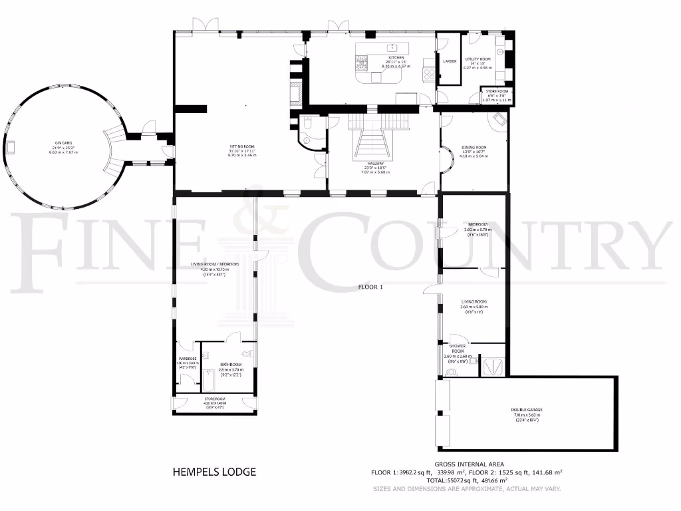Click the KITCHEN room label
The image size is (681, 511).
point(396,58)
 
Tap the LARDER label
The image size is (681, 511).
point(450,61)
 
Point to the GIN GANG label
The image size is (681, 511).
point(63,142)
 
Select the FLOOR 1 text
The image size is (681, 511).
point(370,287)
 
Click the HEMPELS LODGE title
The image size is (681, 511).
point(214,472)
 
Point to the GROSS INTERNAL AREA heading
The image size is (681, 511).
point(469,464)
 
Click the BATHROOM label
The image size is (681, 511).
point(231,365)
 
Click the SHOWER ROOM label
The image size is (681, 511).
point(458,347)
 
